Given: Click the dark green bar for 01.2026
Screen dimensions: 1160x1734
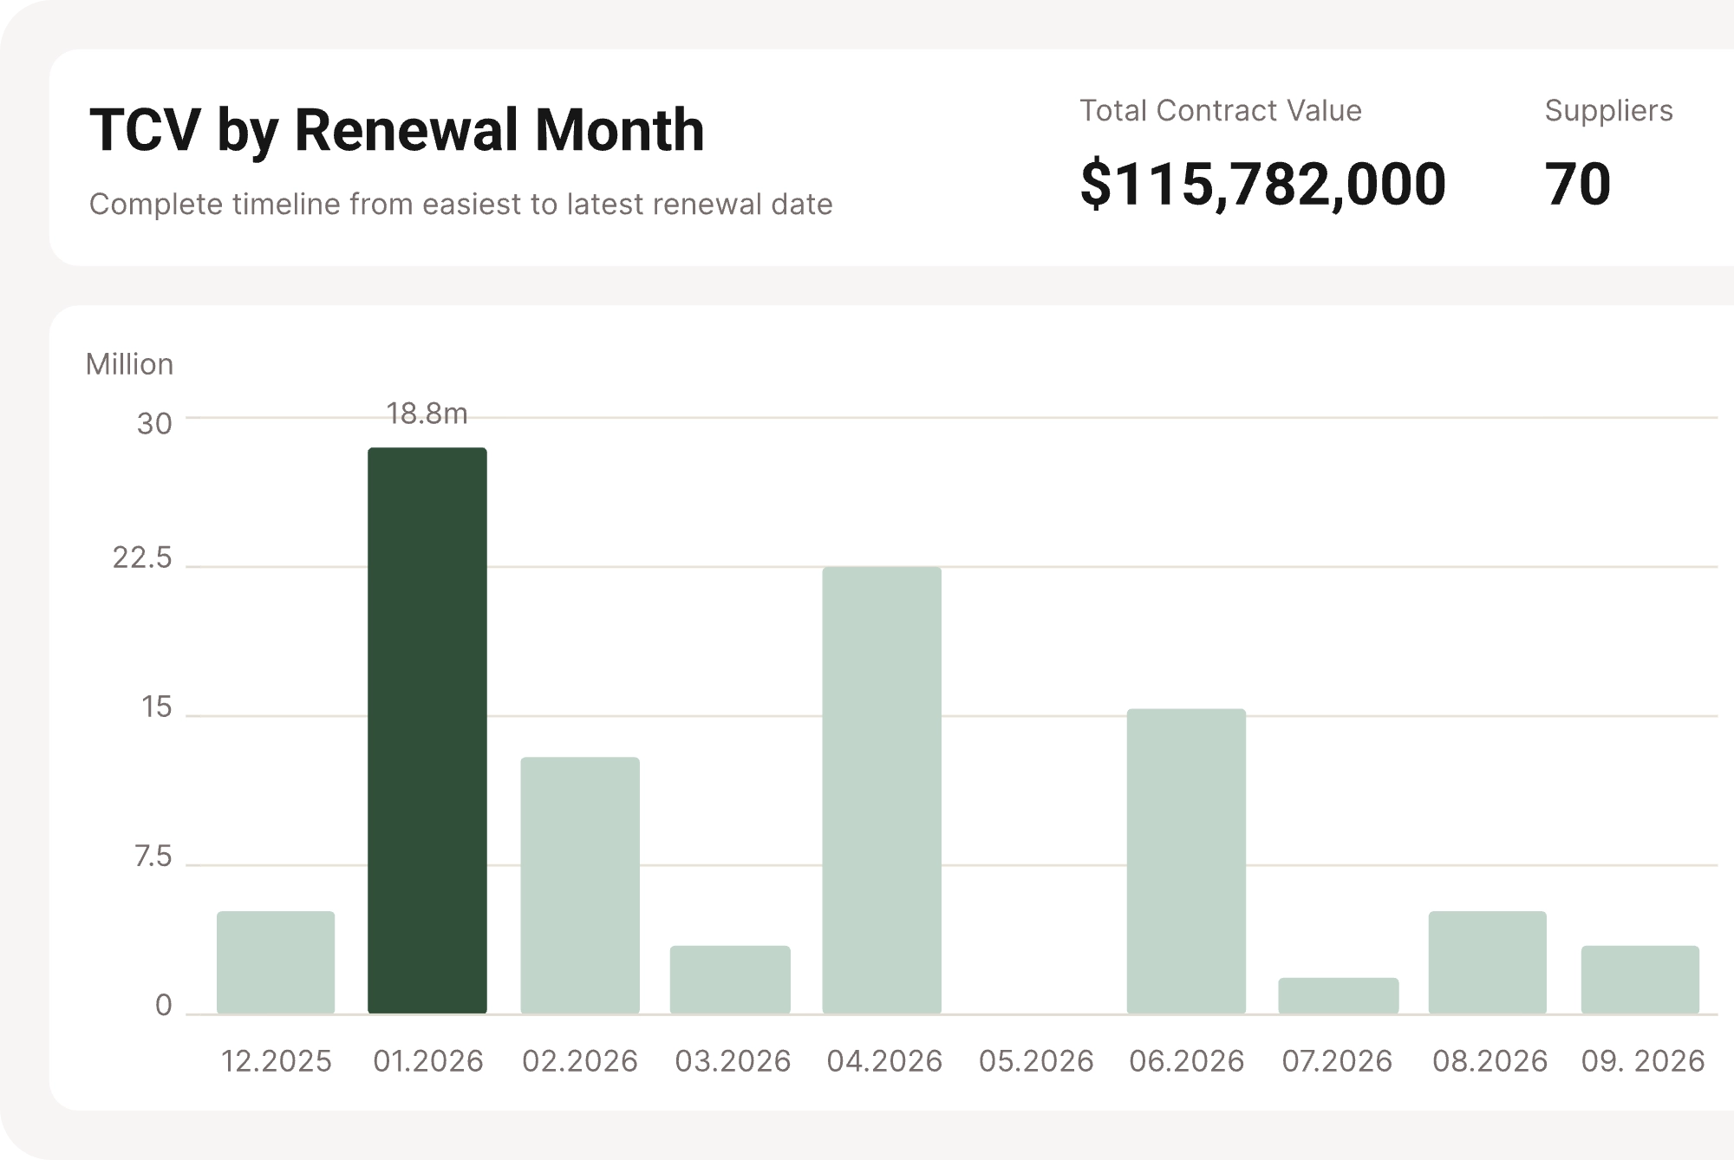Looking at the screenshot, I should pos(427,730).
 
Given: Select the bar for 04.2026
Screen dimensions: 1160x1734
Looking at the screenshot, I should pos(882,790).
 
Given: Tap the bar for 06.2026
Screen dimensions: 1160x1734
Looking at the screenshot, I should pos(1186,861).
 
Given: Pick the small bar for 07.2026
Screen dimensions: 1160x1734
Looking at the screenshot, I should pos(1338,995).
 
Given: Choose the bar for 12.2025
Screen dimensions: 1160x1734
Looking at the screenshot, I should pos(276,961).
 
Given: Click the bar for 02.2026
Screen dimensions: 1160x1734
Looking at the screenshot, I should pos(579,885).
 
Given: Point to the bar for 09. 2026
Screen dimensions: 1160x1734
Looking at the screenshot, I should pos(1639,979).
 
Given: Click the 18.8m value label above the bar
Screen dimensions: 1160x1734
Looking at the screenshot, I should pos(427,414).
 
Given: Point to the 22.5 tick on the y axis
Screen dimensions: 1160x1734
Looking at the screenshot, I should pos(142,558).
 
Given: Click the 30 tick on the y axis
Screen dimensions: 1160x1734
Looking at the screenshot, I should pos(154,424).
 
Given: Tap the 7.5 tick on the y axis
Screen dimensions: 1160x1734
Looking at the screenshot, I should pos(153,857).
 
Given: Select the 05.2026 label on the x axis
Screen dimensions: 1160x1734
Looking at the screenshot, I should pos(1036,1061).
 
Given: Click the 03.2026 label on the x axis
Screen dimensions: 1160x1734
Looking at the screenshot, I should pos(733,1061).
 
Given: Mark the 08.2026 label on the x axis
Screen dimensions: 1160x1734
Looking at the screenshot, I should pos(1490,1061).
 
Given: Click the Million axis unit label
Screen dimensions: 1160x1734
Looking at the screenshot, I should pos(129,364).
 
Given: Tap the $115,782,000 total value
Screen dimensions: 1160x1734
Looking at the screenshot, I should pos(1262,184).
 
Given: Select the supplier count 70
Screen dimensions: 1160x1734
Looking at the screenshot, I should pos(1577,184).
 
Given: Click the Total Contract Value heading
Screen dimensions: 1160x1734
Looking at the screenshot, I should pos(1220,111).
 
